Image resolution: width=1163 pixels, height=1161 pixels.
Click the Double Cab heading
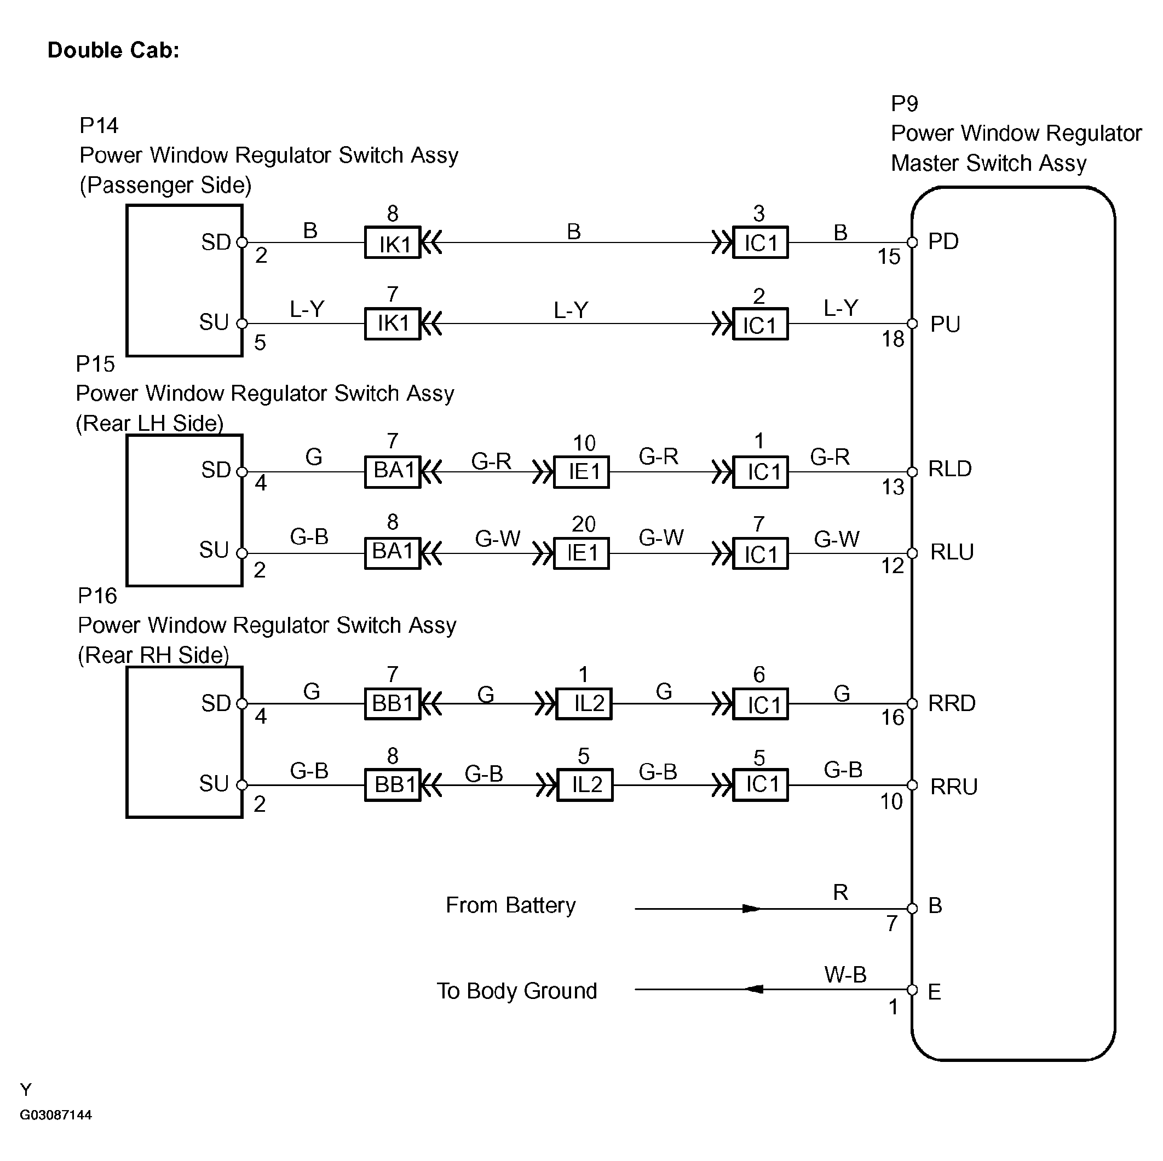[x=114, y=50]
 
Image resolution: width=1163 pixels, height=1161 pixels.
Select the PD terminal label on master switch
[x=943, y=241]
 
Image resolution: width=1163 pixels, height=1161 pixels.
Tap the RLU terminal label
[x=952, y=552]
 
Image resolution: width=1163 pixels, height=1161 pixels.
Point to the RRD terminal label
[x=952, y=703]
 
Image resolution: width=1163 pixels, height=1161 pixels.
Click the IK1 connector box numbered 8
[x=393, y=242]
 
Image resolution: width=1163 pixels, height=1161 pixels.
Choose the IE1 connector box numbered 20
[x=581, y=553]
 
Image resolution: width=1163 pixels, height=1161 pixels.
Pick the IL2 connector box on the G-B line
[x=584, y=785]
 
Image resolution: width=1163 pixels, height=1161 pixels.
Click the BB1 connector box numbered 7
[x=393, y=703]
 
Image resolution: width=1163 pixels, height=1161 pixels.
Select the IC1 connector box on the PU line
[x=761, y=324]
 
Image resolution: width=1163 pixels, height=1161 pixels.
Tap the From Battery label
[x=510, y=906]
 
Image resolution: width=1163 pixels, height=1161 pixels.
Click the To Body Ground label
[x=516, y=991]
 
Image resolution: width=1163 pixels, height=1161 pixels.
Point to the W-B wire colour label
[x=845, y=974]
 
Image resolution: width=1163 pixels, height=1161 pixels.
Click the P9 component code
[x=904, y=104]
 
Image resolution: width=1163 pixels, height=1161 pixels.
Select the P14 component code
[x=99, y=125]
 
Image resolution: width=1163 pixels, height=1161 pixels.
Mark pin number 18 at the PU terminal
[x=893, y=339]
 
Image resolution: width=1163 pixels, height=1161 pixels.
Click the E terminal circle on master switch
[x=912, y=990]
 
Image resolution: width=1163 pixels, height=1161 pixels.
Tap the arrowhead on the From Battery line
[x=751, y=908]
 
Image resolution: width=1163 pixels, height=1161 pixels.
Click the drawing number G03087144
[x=56, y=1115]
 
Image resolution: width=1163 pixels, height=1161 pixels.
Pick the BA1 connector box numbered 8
[x=393, y=553]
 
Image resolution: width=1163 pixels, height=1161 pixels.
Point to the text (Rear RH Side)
[x=153, y=655]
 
